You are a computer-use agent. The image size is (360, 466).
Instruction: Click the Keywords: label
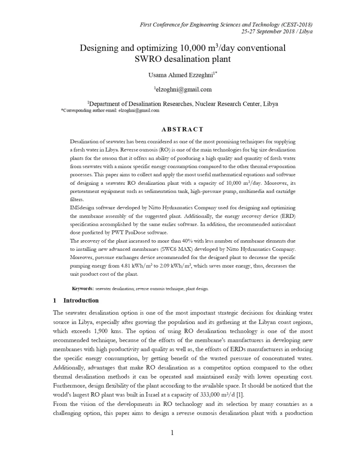83,289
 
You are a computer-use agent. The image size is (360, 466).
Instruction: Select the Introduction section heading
81,301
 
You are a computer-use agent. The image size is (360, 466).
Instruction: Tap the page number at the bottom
172,432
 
